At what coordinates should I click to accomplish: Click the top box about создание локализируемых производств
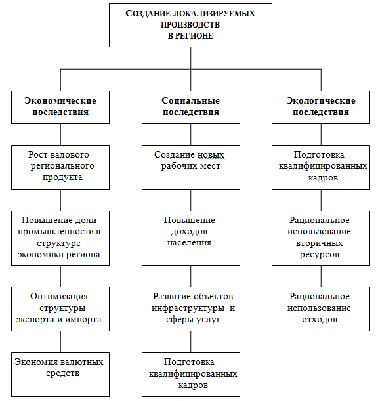click(x=190, y=25)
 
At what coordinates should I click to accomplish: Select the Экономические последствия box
click(x=60, y=107)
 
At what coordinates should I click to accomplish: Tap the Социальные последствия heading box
click(x=191, y=107)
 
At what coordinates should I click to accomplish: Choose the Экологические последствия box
click(x=321, y=107)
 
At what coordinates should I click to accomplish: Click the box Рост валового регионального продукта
click(x=60, y=167)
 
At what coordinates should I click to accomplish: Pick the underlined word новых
click(x=211, y=155)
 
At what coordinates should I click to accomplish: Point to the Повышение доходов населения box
click(x=191, y=238)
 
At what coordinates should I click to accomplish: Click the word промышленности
click(x=56, y=232)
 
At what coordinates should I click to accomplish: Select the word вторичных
click(x=319, y=243)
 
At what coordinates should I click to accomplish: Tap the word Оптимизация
click(x=59, y=297)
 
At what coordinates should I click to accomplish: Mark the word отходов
click(x=320, y=320)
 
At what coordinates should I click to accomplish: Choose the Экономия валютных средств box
click(x=60, y=375)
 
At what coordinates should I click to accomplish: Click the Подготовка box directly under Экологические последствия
click(x=321, y=167)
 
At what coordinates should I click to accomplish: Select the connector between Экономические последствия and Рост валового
click(x=60, y=135)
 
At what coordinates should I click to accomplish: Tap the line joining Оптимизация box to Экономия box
click(x=60, y=342)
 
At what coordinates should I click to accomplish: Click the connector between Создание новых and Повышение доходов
click(x=191, y=200)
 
